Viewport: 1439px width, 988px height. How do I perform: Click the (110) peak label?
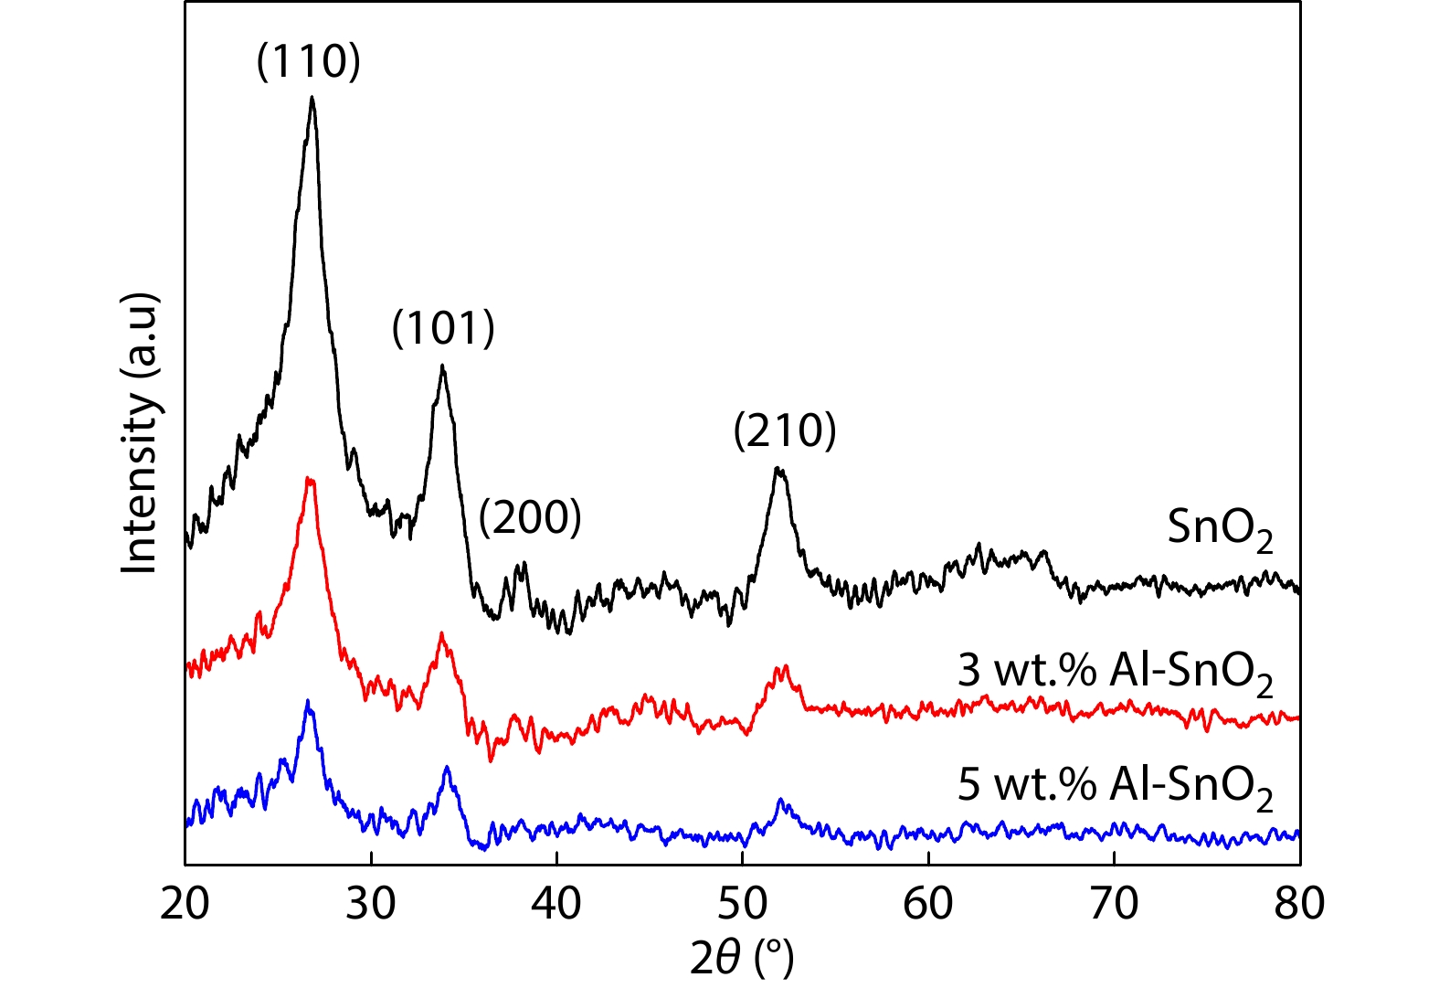(309, 61)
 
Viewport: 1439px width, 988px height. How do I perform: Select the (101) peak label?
(443, 327)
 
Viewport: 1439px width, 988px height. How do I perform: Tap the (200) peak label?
(530, 517)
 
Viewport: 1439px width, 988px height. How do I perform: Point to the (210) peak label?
(785, 430)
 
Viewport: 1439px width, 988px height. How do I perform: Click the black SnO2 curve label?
(1220, 529)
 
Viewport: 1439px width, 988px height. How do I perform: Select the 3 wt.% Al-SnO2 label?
(1115, 673)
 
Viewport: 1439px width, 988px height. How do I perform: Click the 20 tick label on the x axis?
(185, 903)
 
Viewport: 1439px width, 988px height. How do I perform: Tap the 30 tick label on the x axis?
(371, 903)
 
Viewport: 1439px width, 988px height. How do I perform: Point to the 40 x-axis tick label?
(556, 903)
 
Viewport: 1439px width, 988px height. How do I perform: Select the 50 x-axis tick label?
(742, 903)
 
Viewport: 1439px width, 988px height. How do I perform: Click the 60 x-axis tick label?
(928, 903)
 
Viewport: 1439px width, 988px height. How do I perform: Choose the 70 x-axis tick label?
(1114, 903)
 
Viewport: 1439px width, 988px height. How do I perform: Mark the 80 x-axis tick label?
(1299, 903)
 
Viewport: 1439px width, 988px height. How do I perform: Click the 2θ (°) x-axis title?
(742, 957)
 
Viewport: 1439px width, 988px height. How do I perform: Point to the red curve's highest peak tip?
(310, 478)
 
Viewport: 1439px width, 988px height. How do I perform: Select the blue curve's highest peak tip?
(308, 701)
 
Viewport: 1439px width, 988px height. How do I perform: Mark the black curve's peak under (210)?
(778, 469)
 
